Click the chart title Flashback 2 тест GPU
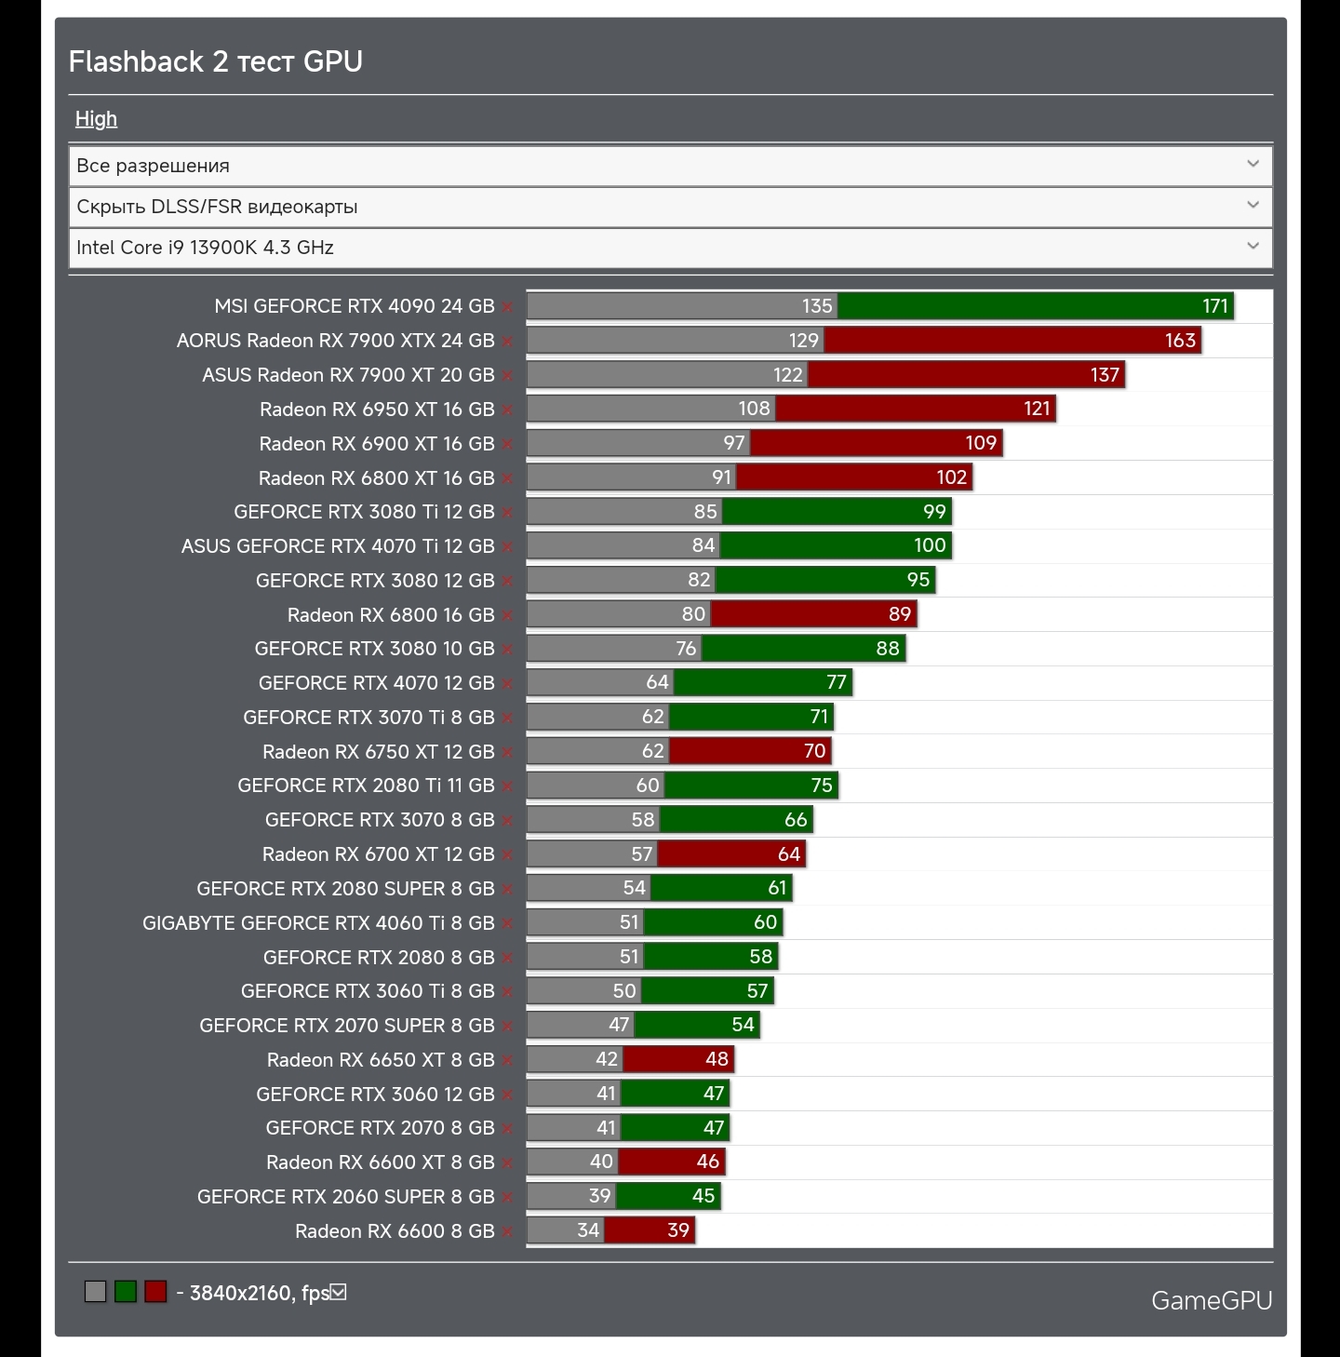(216, 61)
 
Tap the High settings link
(96, 119)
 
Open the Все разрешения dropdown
(670, 166)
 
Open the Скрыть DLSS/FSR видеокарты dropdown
(670, 207)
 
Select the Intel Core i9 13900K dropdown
(670, 248)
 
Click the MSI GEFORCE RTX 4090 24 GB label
(354, 306)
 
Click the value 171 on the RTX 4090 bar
(1214, 306)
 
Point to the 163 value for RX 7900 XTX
(1180, 341)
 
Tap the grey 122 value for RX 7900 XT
(787, 375)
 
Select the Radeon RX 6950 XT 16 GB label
(377, 410)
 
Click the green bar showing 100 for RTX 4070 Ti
(835, 546)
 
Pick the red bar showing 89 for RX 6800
(813, 614)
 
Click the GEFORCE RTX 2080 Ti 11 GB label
(366, 786)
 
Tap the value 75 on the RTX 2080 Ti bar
(821, 786)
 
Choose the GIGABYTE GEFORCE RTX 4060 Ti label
(318, 923)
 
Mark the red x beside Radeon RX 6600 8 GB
(507, 1232)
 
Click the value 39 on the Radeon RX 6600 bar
(678, 1230)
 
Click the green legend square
(126, 1292)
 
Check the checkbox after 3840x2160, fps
(339, 1292)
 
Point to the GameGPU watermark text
(1212, 1300)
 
